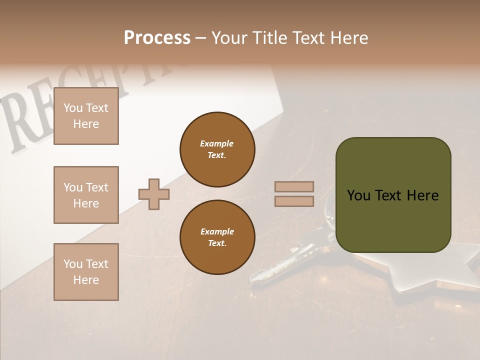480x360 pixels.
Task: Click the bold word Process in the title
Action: click(x=157, y=38)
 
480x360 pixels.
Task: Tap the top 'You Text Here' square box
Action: click(x=86, y=116)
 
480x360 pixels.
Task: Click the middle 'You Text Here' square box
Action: click(x=86, y=195)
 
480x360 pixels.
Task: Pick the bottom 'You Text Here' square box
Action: click(x=86, y=272)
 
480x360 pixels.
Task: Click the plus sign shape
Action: click(x=154, y=194)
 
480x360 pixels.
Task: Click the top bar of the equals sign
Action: click(x=294, y=186)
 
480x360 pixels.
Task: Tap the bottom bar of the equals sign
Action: click(x=294, y=201)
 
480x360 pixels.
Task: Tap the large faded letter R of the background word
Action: click(x=22, y=125)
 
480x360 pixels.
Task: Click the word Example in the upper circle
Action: click(x=217, y=143)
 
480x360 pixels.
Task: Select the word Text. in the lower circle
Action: click(x=217, y=243)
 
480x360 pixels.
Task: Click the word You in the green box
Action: click(x=359, y=195)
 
